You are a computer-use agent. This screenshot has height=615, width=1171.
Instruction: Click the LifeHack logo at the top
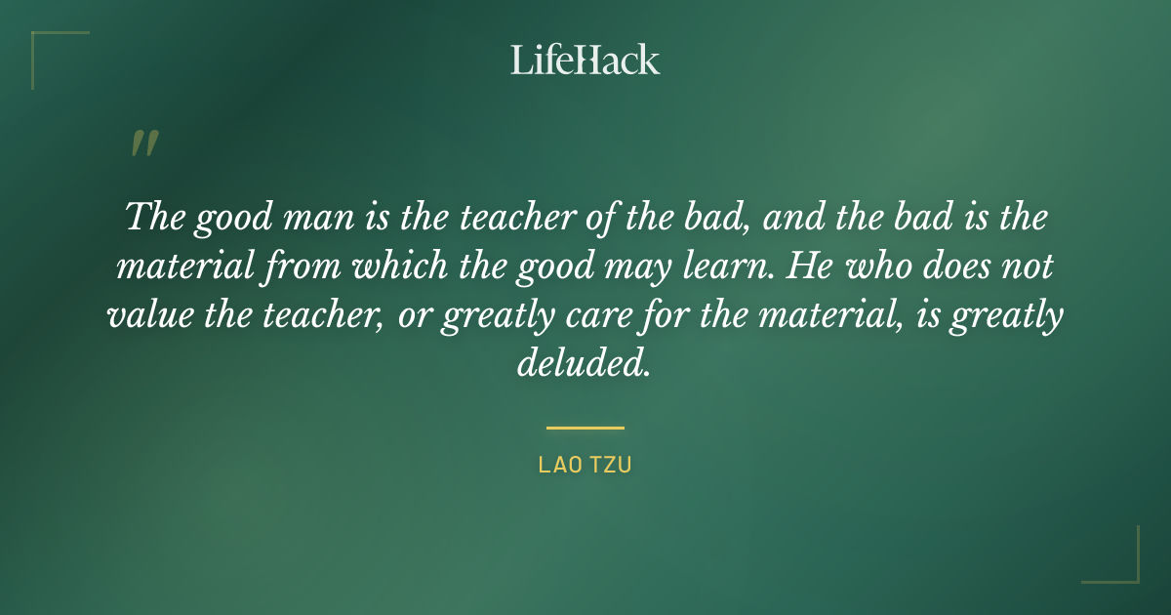(585, 60)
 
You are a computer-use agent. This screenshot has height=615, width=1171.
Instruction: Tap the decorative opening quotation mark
(143, 143)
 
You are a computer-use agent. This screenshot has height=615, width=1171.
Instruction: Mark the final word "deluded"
(584, 364)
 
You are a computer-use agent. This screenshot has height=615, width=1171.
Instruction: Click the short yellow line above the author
(585, 428)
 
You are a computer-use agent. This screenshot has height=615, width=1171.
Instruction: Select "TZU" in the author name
(612, 465)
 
